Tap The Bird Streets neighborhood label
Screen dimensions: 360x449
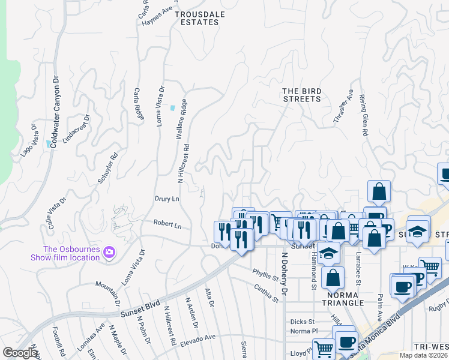click(303, 95)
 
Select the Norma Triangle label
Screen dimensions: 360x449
click(343, 299)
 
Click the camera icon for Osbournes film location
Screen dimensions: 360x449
click(109, 252)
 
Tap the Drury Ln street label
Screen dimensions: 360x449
click(167, 199)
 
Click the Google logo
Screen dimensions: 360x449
click(20, 353)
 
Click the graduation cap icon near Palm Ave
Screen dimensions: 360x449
click(416, 230)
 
